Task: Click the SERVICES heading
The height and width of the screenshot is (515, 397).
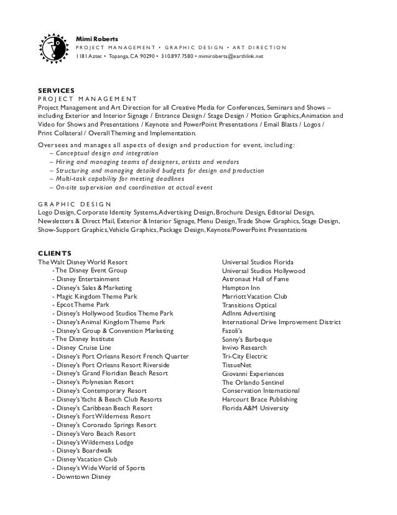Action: (x=56, y=90)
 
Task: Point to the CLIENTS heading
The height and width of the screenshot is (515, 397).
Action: (x=54, y=253)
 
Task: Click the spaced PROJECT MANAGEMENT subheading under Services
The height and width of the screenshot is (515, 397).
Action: (x=86, y=99)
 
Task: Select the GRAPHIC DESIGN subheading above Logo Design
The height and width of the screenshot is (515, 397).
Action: (x=74, y=204)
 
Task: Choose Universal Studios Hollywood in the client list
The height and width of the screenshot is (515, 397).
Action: (x=263, y=271)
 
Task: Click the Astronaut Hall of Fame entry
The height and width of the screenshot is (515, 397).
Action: (x=255, y=279)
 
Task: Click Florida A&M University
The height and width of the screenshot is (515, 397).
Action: (x=255, y=408)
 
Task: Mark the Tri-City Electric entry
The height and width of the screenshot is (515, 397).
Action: (x=245, y=357)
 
